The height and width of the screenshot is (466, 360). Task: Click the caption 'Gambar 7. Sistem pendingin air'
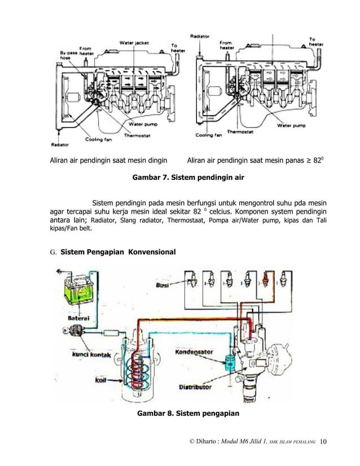187,178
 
